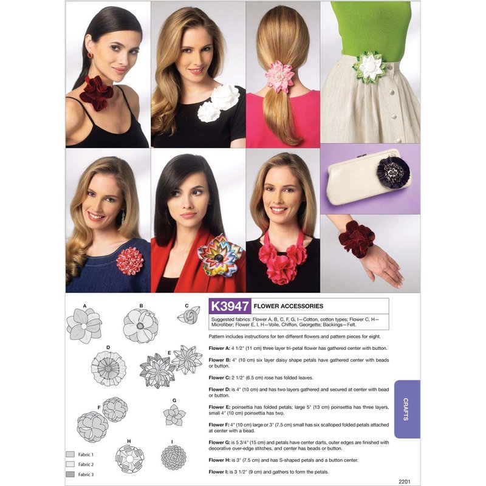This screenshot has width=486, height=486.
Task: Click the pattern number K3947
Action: coord(230,306)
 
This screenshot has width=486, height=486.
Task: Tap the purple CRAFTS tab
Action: coord(407,409)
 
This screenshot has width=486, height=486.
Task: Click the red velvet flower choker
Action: coord(96,93)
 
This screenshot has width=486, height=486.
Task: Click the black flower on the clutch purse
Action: coord(393,173)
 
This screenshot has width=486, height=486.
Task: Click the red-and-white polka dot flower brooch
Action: coord(130,261)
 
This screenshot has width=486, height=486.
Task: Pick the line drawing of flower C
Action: coord(189,315)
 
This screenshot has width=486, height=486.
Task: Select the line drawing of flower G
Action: coord(174,415)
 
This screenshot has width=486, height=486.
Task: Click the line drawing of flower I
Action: coord(174,457)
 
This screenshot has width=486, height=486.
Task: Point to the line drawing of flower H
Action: coord(129,459)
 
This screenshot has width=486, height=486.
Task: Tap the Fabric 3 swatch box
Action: coord(70,474)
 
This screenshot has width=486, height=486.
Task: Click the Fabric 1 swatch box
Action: coord(70,454)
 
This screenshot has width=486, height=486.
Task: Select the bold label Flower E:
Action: coord(219,407)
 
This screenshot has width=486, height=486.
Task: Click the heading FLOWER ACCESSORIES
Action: coord(288,306)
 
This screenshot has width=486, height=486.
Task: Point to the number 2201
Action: coord(405,481)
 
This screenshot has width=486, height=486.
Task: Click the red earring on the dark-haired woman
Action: coord(90,55)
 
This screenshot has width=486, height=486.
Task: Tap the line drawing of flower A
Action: coord(84,326)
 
